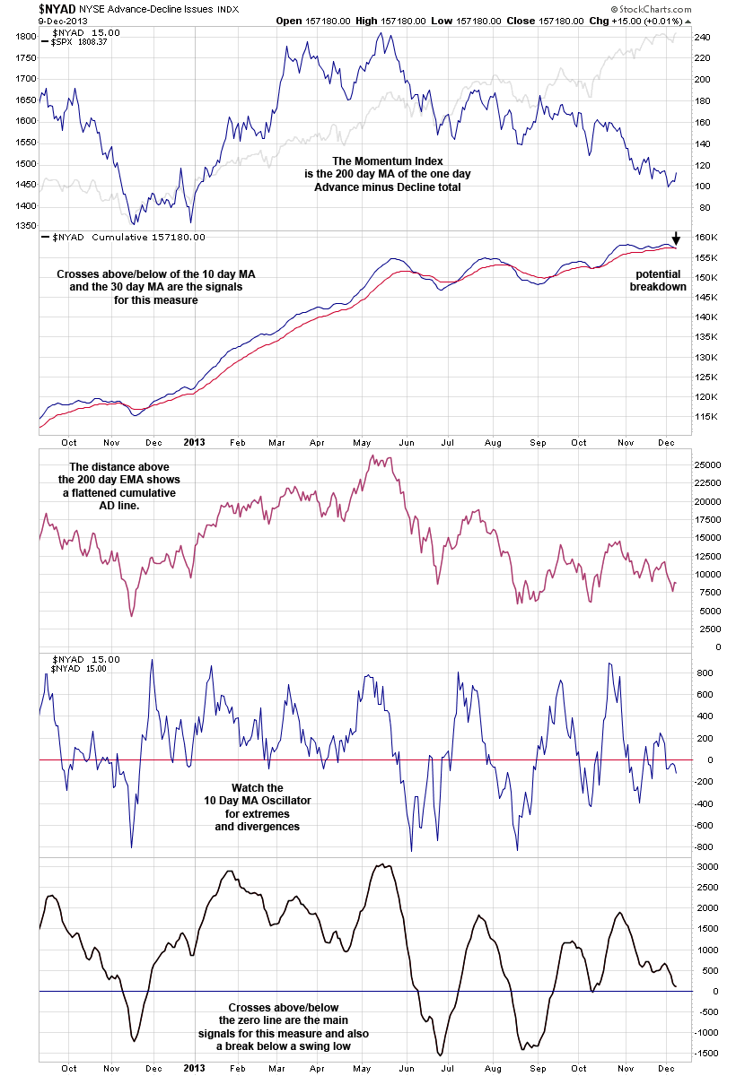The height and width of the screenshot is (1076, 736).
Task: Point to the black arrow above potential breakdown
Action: pos(677,239)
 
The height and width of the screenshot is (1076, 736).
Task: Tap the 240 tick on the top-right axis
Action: pos(703,37)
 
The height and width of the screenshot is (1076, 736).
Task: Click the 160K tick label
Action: pos(705,238)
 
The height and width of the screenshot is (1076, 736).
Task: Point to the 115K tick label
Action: pos(705,417)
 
